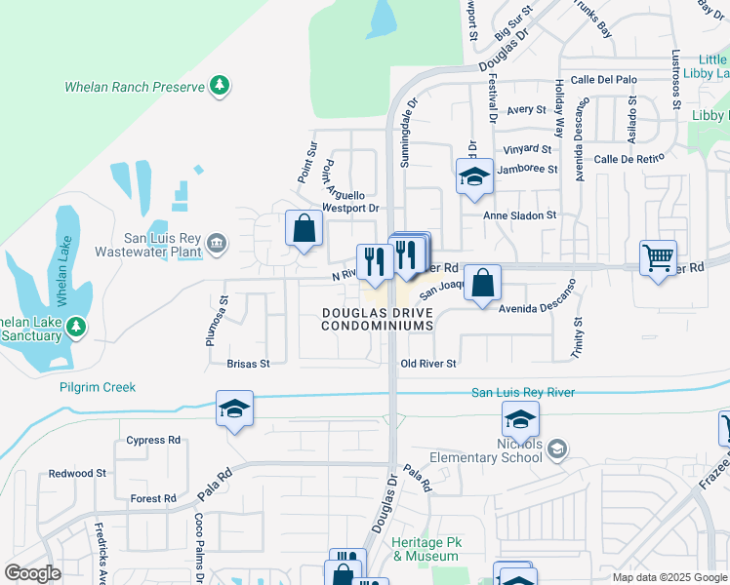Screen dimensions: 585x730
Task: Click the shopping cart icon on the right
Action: coord(659,258)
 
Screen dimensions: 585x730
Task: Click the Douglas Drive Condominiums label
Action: coord(378,318)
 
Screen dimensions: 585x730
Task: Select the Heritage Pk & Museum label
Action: coord(425,548)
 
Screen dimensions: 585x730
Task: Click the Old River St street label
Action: coord(428,364)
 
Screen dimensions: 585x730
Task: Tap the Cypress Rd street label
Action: coord(154,440)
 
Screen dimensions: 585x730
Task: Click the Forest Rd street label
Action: coord(153,498)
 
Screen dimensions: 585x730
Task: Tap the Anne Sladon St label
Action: coord(520,214)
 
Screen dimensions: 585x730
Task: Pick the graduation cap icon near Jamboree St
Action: coord(474,175)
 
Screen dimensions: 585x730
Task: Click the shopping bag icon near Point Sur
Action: coord(304,229)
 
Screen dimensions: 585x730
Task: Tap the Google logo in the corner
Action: coord(32,573)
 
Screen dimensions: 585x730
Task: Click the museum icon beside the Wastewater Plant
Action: coord(217,243)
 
